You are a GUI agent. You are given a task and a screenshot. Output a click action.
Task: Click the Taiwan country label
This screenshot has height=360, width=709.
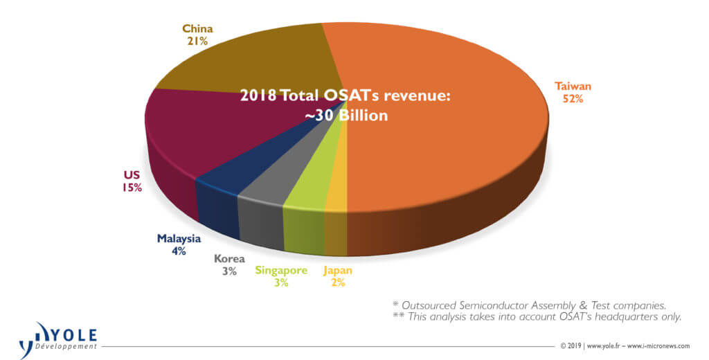click(x=573, y=87)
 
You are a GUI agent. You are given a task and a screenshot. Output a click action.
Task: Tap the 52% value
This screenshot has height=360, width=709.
click(x=573, y=99)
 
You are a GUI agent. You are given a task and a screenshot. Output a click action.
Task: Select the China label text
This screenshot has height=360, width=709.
click(x=197, y=29)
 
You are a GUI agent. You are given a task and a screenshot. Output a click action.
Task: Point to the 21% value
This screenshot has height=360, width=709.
click(x=197, y=42)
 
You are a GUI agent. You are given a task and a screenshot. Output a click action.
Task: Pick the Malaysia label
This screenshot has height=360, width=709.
click(x=179, y=239)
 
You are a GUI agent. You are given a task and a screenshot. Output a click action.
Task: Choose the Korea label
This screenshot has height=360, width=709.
click(x=229, y=259)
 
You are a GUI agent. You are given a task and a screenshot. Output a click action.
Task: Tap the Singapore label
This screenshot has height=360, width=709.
click(x=281, y=271)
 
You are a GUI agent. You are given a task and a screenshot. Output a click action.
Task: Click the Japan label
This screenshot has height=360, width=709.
click(x=338, y=271)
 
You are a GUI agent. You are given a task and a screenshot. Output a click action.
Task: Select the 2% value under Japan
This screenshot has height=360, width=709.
click(x=338, y=283)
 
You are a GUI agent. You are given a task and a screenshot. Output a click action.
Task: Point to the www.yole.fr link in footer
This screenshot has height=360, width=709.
click(x=604, y=346)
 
